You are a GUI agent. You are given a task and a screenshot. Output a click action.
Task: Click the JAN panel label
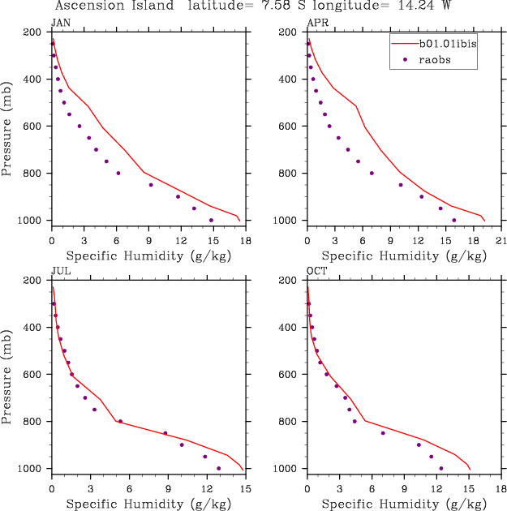click(60, 23)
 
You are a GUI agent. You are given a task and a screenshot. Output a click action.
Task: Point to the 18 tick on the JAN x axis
click(246, 241)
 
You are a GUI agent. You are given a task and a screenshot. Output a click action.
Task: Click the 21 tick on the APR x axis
click(501, 241)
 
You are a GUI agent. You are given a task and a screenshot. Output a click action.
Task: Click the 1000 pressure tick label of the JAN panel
click(32, 221)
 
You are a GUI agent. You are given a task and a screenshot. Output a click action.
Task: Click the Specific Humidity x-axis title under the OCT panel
click(397, 505)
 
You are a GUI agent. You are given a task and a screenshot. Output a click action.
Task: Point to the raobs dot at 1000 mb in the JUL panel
click(218, 468)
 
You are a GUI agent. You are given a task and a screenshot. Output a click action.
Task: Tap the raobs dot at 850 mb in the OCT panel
click(383, 433)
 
